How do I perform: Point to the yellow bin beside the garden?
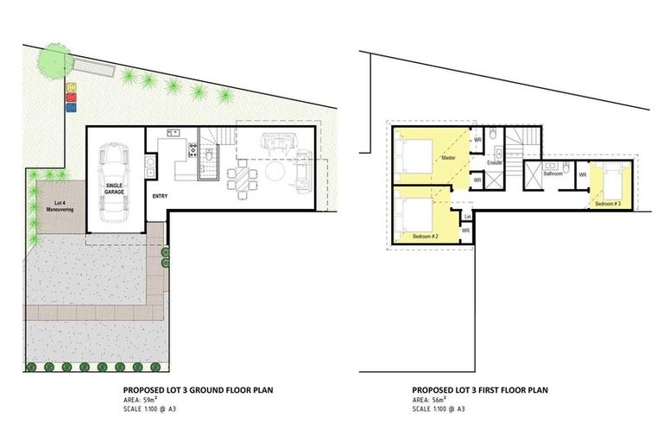[x=72, y=86]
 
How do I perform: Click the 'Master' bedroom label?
[x=448, y=158]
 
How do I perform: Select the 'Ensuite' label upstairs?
[x=495, y=161]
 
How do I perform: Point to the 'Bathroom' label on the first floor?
[x=552, y=174]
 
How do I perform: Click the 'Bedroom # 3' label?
[x=607, y=204]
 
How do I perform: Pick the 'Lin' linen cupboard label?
[x=466, y=216]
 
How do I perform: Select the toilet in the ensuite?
[x=491, y=136]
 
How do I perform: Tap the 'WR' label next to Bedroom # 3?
[x=583, y=175]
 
